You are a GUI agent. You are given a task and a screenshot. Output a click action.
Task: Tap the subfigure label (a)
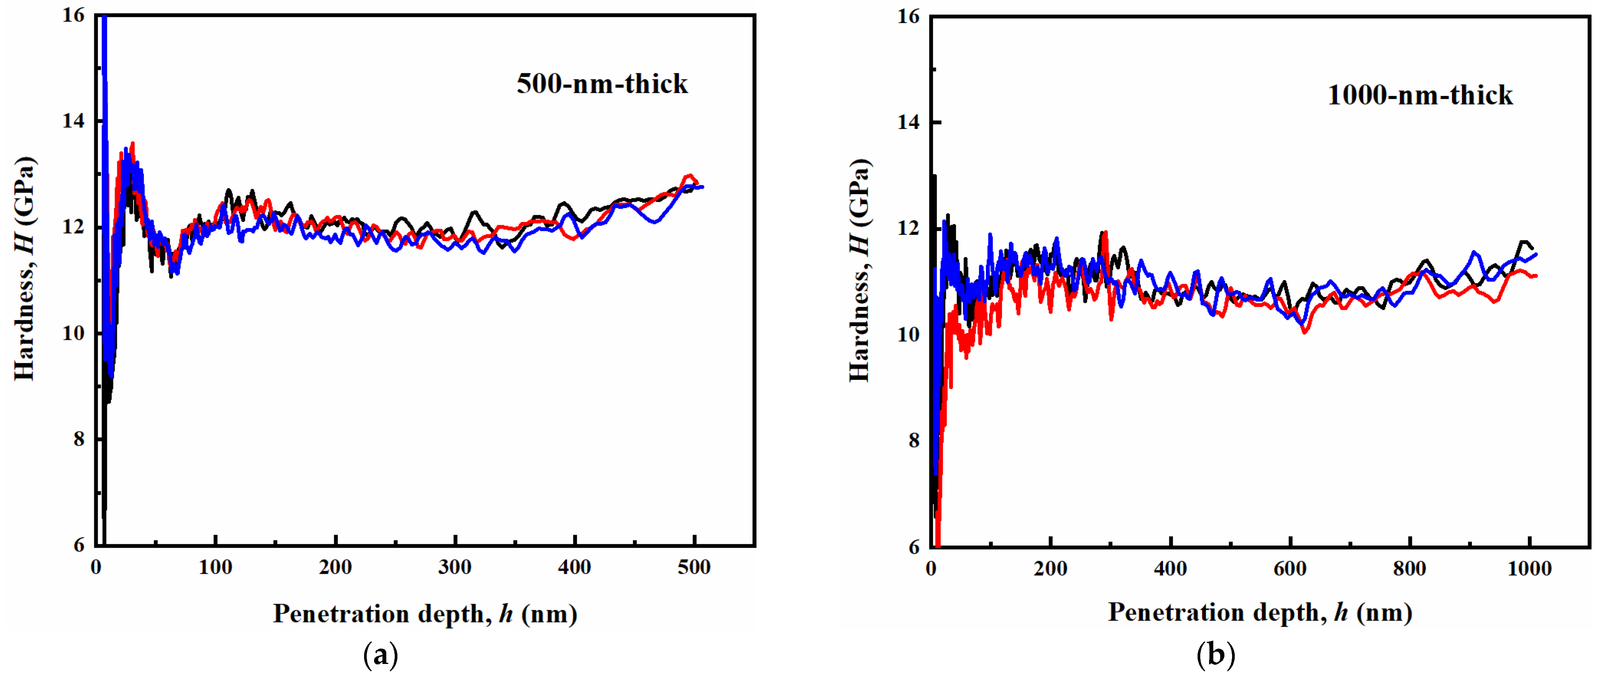(380, 656)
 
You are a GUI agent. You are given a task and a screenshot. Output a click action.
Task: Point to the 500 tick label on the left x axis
(694, 568)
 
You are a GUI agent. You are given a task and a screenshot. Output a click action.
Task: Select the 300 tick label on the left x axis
(455, 568)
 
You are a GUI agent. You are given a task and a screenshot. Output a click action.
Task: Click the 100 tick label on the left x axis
(215, 568)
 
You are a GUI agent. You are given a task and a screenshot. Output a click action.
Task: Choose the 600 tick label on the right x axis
(1290, 569)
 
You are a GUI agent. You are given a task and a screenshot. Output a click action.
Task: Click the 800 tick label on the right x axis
(1409, 569)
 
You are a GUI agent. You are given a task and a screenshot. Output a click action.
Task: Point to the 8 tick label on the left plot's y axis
(79, 439)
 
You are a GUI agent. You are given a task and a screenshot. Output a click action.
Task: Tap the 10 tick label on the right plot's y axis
(908, 335)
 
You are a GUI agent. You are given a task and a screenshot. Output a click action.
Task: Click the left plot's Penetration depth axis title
(425, 614)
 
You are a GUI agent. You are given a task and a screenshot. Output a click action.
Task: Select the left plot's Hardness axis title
(25, 268)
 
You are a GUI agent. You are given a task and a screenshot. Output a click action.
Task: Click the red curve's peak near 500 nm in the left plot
(689, 176)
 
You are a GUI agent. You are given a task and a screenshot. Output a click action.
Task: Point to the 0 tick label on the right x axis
(931, 569)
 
